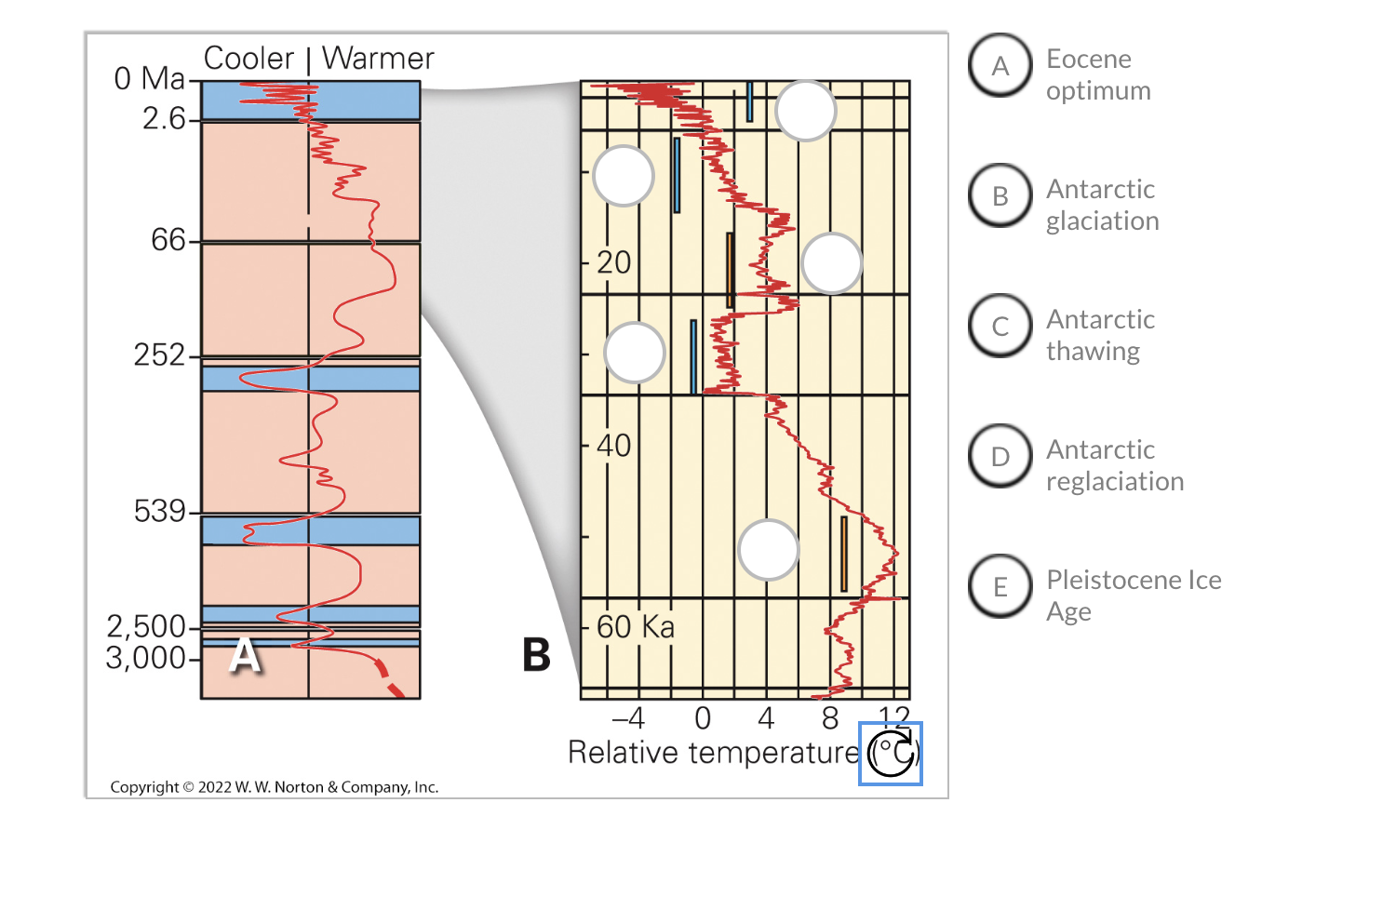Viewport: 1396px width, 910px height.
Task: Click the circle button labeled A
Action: tap(1000, 66)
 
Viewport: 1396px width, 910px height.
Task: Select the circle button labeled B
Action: tap(1000, 196)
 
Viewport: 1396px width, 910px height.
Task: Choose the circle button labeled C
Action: tap(1000, 327)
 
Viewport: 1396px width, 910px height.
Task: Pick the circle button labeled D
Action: tap(1000, 457)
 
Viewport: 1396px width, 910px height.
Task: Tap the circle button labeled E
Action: tap(1000, 587)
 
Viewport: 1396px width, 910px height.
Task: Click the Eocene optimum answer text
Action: tap(1098, 74)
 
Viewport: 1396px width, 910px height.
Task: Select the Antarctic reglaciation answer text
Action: tap(1114, 465)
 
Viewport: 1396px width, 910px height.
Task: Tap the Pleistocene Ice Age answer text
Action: tap(1133, 596)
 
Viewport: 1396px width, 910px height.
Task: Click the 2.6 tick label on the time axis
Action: tap(164, 118)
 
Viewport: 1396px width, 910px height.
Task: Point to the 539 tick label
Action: tap(159, 511)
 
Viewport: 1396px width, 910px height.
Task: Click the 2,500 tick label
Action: tap(146, 626)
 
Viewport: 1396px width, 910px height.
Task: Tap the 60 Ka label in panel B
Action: tap(635, 627)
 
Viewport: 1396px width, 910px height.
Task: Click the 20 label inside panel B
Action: tap(614, 262)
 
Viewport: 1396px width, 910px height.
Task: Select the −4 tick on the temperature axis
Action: tap(628, 718)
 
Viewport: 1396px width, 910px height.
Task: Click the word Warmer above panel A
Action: tap(378, 59)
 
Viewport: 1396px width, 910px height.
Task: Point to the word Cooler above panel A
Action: tap(248, 59)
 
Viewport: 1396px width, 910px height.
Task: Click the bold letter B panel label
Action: tap(536, 654)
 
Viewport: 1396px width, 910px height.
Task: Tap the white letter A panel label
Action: tap(245, 654)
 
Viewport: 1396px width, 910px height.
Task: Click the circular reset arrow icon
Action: tap(891, 754)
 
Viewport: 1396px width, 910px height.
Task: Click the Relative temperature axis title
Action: tap(714, 753)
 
